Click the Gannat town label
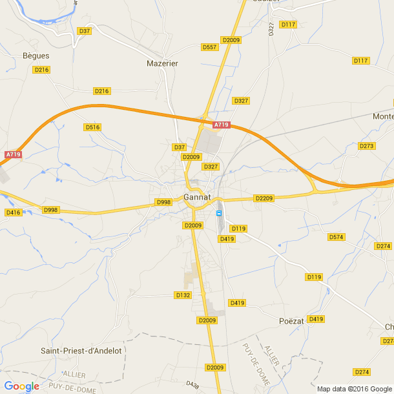[197, 197]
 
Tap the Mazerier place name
[162, 63]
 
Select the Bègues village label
[36, 56]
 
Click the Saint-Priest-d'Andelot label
[81, 351]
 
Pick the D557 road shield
[209, 47]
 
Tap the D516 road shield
[93, 127]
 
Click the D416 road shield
[13, 213]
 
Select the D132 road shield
[183, 295]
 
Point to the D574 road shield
[337, 237]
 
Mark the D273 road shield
[367, 146]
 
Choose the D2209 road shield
[264, 198]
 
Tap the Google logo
[21, 386]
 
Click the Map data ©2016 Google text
[355, 389]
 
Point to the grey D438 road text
[192, 384]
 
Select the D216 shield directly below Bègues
[41, 70]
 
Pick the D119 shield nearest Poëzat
[314, 277]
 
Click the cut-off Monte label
[383, 116]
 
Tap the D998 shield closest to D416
[50, 210]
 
